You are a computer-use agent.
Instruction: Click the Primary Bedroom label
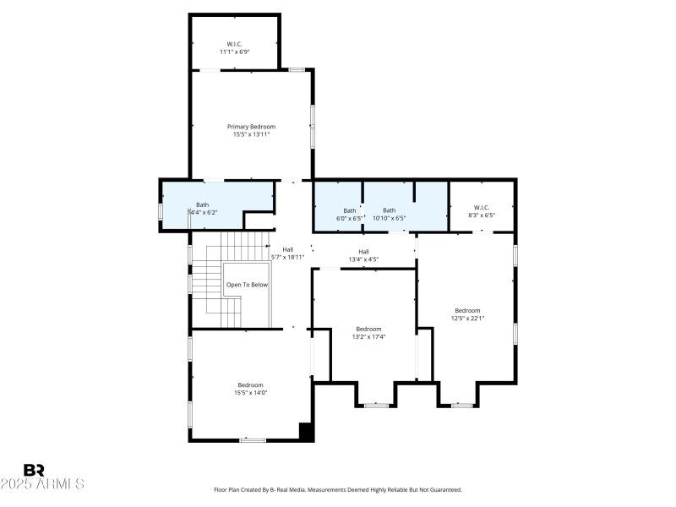[251, 127]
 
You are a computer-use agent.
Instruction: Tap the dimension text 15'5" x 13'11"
[251, 134]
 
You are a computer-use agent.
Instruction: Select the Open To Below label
[247, 285]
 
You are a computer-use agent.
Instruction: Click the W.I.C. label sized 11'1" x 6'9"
[235, 44]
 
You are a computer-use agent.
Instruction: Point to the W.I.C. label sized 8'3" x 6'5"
[482, 208]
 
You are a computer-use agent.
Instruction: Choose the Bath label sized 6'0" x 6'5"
[350, 210]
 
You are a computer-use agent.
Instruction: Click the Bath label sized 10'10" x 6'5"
[389, 210]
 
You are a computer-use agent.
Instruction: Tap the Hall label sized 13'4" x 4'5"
[363, 252]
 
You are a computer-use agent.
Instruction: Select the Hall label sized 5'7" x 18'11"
[287, 250]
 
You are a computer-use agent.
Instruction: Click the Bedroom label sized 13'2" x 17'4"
[368, 329]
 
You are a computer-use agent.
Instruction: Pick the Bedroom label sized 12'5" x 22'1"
[467, 310]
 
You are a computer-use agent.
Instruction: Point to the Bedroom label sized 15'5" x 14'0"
[250, 384]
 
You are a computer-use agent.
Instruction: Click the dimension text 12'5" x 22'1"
[467, 318]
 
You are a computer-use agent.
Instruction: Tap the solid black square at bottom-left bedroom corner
[307, 432]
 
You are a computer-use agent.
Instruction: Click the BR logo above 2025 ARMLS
[35, 470]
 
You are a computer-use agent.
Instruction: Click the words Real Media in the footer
[286, 489]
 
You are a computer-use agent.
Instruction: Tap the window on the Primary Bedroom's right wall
[313, 127]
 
